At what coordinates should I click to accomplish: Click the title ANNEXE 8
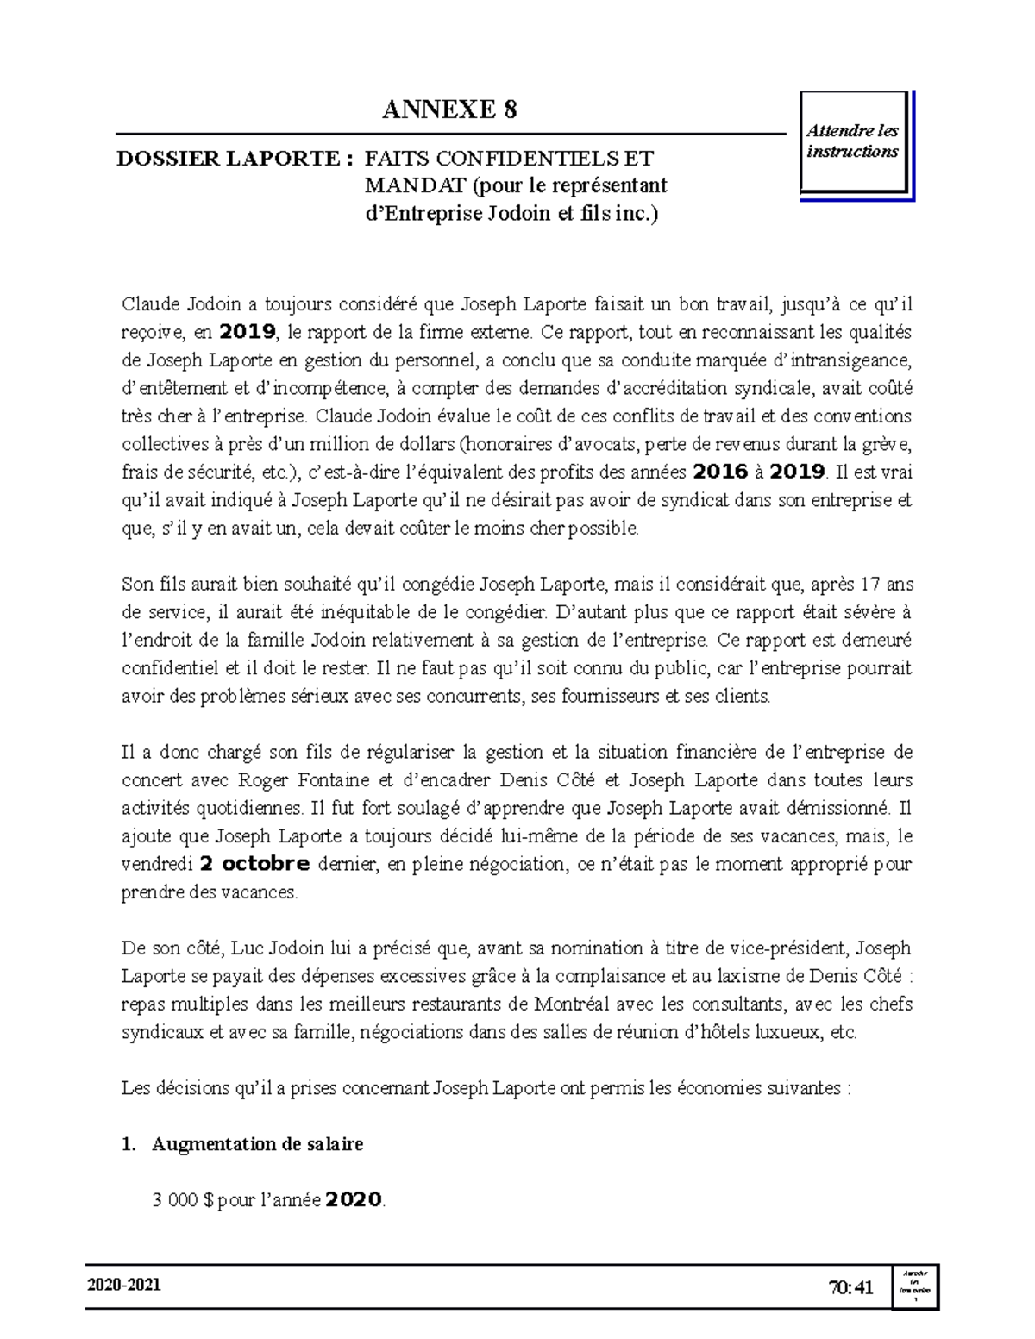(449, 109)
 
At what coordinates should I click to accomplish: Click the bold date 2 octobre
(254, 864)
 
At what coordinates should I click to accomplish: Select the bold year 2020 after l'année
(354, 1199)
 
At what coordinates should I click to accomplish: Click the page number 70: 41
(850, 1288)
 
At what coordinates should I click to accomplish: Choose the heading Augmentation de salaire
(257, 1144)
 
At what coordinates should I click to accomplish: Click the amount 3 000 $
(182, 1200)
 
